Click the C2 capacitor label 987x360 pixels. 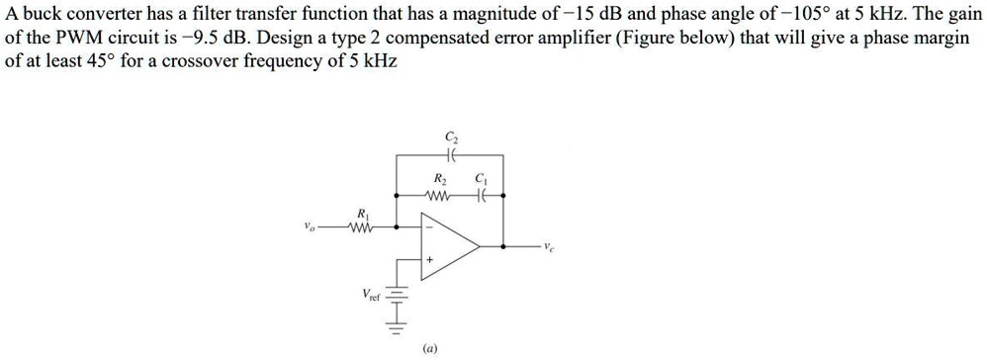coord(451,136)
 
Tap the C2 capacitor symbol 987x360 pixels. coord(451,155)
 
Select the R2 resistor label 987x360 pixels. coord(440,179)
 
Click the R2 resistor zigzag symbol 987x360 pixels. coord(438,194)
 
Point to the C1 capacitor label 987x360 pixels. coord(481,179)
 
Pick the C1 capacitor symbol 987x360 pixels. coord(480,194)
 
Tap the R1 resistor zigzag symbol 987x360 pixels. coord(361,227)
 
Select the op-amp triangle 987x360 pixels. coord(450,243)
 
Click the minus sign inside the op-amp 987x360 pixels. coord(429,228)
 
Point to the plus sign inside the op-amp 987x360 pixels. coord(429,259)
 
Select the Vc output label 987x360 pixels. coord(549,246)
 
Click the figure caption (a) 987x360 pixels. coord(429,347)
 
